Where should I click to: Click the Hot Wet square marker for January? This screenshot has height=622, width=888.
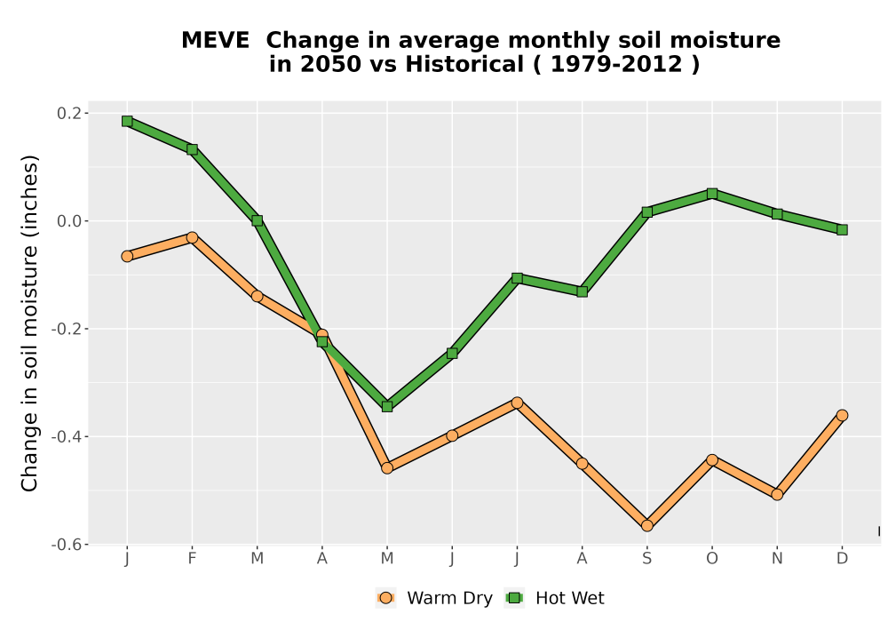pos(127,121)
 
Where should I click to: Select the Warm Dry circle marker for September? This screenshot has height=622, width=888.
pos(646,526)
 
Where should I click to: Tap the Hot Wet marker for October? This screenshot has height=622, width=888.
pos(712,194)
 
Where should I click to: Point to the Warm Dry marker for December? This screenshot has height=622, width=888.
pos(842,415)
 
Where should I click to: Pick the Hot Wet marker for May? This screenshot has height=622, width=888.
pos(387,406)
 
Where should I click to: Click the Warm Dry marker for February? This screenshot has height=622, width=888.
pos(192,237)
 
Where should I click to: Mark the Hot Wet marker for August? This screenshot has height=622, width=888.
pos(582,291)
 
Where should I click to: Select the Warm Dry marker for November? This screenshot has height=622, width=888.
pos(777,495)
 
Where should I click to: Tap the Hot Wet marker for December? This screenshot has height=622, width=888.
pos(842,229)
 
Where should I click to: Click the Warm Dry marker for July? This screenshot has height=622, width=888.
pos(517,403)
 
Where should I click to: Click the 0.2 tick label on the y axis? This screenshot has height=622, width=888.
pos(68,114)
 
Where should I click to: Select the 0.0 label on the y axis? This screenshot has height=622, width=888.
pos(68,221)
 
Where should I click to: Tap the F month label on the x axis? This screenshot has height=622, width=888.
pos(192,559)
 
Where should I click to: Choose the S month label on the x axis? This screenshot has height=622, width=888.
pos(646,559)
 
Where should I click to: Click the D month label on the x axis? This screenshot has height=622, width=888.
pos(842,559)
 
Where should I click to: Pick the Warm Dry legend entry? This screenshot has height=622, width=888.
pos(434,598)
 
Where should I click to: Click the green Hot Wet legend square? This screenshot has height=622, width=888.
pos(515,598)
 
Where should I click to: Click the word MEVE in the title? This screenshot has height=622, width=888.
pos(215,41)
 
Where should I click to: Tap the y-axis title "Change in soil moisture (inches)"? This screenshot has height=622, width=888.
pos(29,323)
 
